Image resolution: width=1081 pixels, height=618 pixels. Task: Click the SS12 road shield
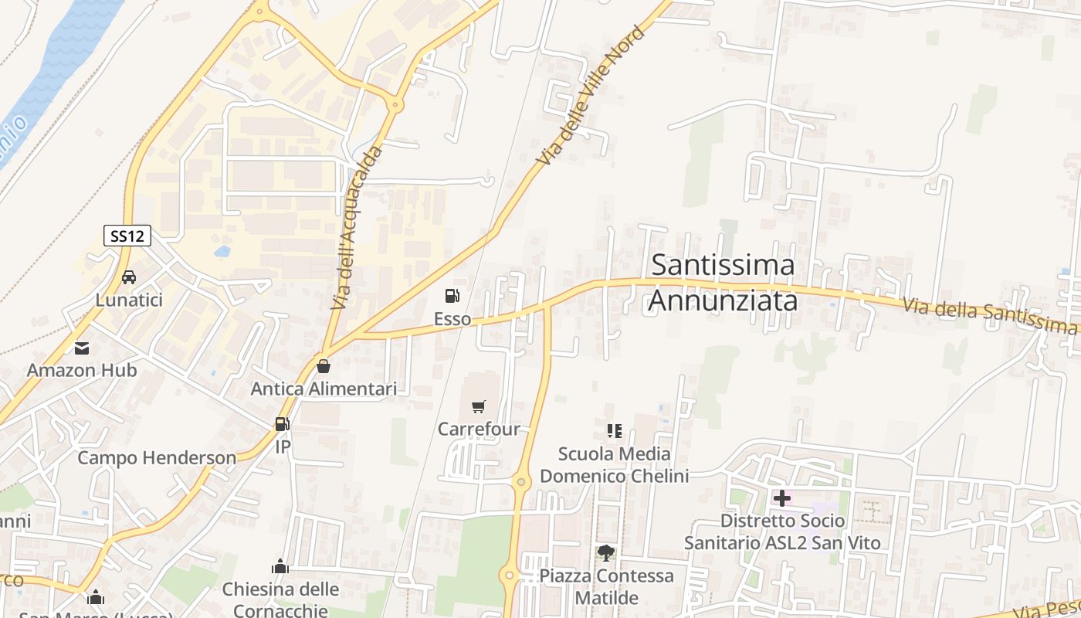127,236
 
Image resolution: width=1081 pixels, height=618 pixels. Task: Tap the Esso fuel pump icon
452,295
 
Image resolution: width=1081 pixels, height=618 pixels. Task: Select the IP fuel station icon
283,424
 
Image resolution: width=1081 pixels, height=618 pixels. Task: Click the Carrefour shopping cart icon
479,406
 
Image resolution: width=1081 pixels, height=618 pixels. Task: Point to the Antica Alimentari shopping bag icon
324,365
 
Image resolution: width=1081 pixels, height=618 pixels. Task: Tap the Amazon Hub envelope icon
82,348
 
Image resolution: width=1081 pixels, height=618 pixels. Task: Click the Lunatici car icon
129,277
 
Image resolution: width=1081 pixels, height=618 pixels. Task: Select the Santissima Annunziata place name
722,282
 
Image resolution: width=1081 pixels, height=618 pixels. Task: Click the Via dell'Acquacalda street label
357,229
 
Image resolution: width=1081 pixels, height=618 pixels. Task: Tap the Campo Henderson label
157,457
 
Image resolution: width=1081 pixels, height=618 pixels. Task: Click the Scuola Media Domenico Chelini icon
615,430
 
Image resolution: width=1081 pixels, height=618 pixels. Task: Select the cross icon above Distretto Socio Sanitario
782,498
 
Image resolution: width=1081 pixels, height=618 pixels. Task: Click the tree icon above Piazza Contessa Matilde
606,552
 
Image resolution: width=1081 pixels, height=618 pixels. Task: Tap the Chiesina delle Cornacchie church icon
280,567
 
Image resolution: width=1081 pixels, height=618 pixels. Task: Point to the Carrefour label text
479,429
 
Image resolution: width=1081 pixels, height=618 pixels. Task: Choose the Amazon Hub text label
82,370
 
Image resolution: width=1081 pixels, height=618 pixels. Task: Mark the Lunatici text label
129,300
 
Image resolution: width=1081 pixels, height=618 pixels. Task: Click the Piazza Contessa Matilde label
606,586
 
